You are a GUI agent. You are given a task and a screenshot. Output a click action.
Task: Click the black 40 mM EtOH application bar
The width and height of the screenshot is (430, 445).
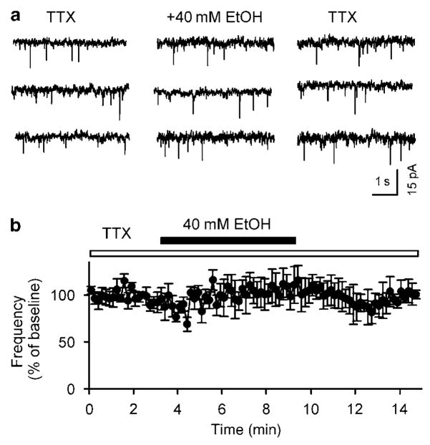point(228,240)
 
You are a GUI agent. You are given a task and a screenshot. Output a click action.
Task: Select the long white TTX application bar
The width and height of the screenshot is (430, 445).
point(253,253)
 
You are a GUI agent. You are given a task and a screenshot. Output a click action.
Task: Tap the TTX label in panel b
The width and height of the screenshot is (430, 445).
point(116,233)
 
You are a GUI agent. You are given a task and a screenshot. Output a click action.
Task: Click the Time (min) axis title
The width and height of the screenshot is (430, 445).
point(251,430)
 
